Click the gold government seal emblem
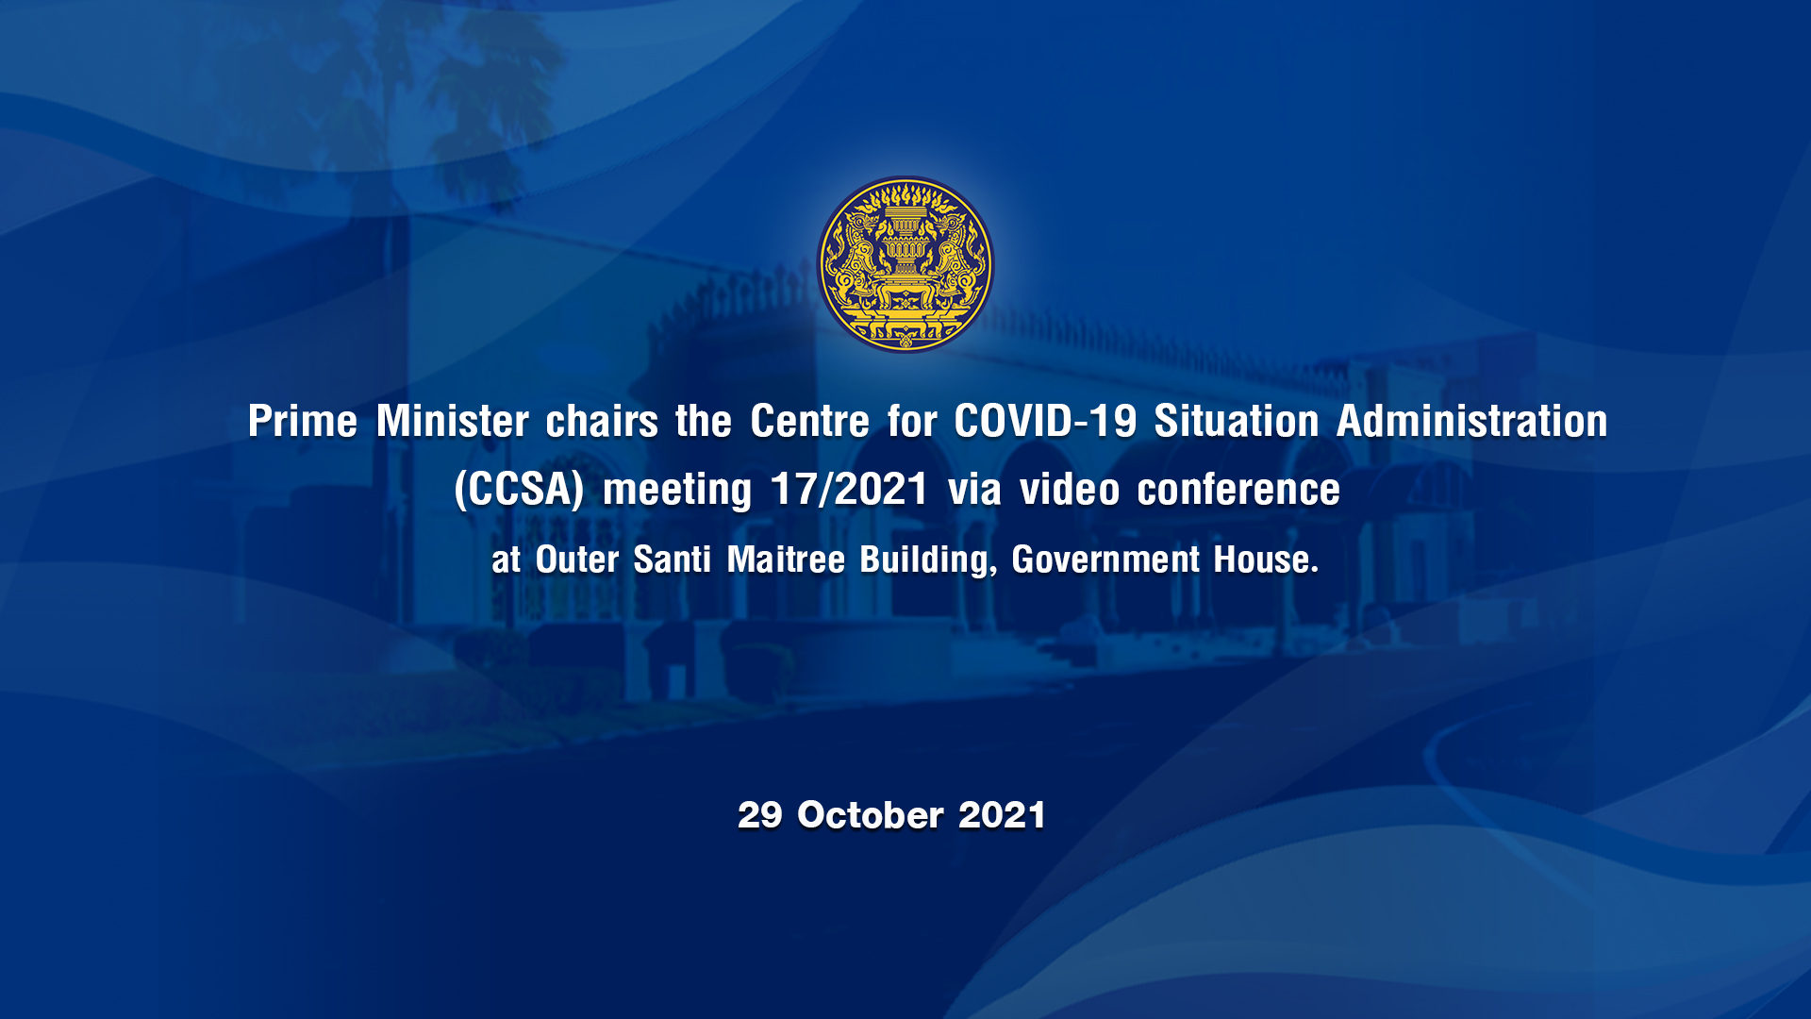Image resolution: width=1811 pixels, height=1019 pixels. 905,264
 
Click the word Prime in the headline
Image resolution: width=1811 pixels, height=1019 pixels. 303,421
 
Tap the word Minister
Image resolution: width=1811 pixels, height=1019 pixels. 453,421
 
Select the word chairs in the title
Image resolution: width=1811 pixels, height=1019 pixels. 602,421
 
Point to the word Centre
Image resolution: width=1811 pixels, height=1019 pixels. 809,421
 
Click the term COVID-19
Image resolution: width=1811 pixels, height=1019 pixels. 1045,421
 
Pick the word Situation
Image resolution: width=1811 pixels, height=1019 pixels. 1237,421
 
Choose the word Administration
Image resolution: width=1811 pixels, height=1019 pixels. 1472,421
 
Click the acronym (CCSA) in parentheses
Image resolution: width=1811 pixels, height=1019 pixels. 520,490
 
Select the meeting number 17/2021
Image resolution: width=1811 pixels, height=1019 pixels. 849,490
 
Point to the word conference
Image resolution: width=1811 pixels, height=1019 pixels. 1238,490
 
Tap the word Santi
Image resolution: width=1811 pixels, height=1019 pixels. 672,560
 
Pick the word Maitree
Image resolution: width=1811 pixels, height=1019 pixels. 786,560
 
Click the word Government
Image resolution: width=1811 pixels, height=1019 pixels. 1105,560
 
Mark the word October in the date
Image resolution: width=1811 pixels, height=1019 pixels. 870,815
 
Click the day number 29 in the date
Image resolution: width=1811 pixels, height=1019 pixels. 760,815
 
